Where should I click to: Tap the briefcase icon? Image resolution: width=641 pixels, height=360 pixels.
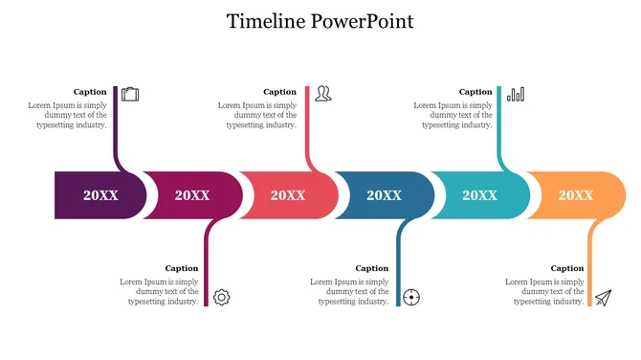131,94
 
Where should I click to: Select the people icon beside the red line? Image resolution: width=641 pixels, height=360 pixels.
323,94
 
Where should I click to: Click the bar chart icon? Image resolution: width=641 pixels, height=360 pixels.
516,94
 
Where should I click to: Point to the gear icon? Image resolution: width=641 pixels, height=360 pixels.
221,297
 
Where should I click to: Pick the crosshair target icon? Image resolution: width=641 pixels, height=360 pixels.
411,297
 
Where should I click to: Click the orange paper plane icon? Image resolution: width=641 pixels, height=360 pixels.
603,298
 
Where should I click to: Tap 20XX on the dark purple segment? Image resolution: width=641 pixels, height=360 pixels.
100,195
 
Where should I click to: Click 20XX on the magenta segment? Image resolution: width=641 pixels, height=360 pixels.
191,195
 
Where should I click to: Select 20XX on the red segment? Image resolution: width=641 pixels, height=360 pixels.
287,195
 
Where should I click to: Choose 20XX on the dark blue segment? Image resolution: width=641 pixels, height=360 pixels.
384,195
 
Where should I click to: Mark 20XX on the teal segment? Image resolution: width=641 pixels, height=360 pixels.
479,195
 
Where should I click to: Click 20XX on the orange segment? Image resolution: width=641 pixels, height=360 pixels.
575,195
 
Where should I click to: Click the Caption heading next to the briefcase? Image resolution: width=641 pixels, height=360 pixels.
90,92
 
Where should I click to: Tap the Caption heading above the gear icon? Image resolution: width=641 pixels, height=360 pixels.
182,268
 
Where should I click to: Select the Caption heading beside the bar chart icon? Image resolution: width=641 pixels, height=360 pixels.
475,92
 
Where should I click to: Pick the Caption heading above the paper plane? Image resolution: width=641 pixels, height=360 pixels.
566,268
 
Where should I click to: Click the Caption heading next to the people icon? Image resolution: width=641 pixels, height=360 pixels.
280,92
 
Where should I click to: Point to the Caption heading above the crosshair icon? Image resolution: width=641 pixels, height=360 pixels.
372,268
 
